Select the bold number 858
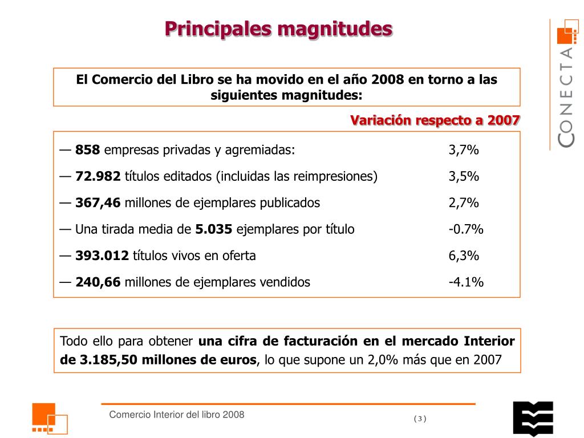88,150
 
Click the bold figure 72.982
98,176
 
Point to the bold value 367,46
98,202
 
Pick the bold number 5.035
214,229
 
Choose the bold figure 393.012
102,255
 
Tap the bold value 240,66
98,282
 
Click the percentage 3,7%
463,150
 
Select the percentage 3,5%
463,176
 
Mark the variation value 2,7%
463,202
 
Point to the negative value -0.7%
465,229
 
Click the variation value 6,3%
463,255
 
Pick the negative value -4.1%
465,282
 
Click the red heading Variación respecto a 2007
435,120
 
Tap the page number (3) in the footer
420,419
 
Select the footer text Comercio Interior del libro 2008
177,415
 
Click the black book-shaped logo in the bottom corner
533,418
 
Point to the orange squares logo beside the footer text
49,419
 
